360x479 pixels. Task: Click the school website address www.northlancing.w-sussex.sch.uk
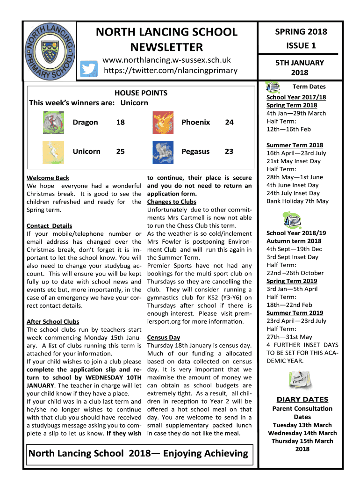(x=167, y=60)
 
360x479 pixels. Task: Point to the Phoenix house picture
(x=163, y=123)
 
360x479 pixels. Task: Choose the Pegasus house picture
(x=163, y=152)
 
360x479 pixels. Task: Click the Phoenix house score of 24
(x=229, y=123)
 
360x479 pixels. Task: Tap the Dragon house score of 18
(x=120, y=123)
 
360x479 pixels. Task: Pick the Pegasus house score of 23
(x=229, y=152)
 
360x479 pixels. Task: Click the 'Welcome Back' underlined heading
(x=48, y=178)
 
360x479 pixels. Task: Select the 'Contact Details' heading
(x=50, y=226)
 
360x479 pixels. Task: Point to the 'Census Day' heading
(x=164, y=337)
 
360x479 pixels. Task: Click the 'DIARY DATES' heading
(x=302, y=399)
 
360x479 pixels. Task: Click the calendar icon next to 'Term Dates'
(x=273, y=87)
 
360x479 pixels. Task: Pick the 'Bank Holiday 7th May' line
(x=297, y=201)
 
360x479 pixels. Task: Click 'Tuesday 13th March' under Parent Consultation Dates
(x=302, y=425)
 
